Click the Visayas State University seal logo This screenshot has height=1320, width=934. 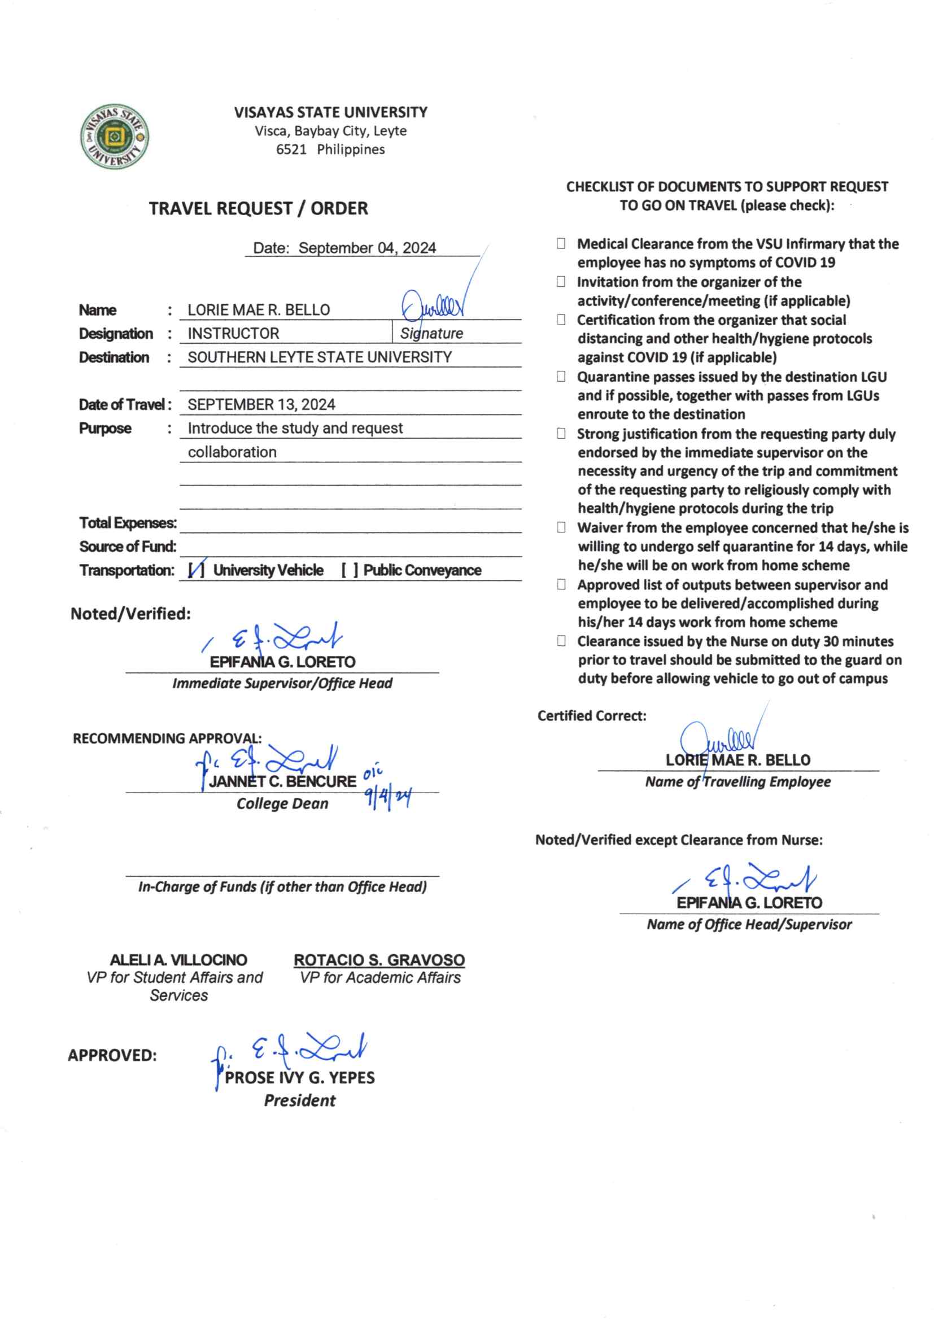(115, 137)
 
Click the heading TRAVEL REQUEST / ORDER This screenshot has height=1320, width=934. (258, 208)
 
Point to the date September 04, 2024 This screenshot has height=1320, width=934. (367, 248)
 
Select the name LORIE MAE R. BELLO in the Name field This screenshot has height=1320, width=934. (259, 310)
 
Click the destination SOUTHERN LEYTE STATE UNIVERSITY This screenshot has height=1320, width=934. (320, 357)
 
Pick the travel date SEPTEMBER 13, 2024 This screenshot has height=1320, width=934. (261, 405)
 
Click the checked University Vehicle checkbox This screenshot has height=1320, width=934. (196, 570)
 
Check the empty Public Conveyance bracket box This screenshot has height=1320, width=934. (350, 570)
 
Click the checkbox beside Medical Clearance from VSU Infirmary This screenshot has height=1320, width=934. (561, 243)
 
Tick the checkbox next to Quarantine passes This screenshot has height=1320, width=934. (561, 377)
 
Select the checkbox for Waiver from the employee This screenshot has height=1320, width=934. (561, 527)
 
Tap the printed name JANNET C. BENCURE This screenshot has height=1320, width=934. (282, 782)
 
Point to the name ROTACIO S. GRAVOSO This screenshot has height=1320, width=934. (379, 960)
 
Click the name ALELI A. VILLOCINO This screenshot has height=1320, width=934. (178, 960)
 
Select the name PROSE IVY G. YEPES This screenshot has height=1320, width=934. (300, 1077)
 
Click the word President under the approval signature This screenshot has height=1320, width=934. (300, 1100)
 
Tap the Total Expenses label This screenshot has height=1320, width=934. (128, 523)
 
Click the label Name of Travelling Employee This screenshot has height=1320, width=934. (738, 782)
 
